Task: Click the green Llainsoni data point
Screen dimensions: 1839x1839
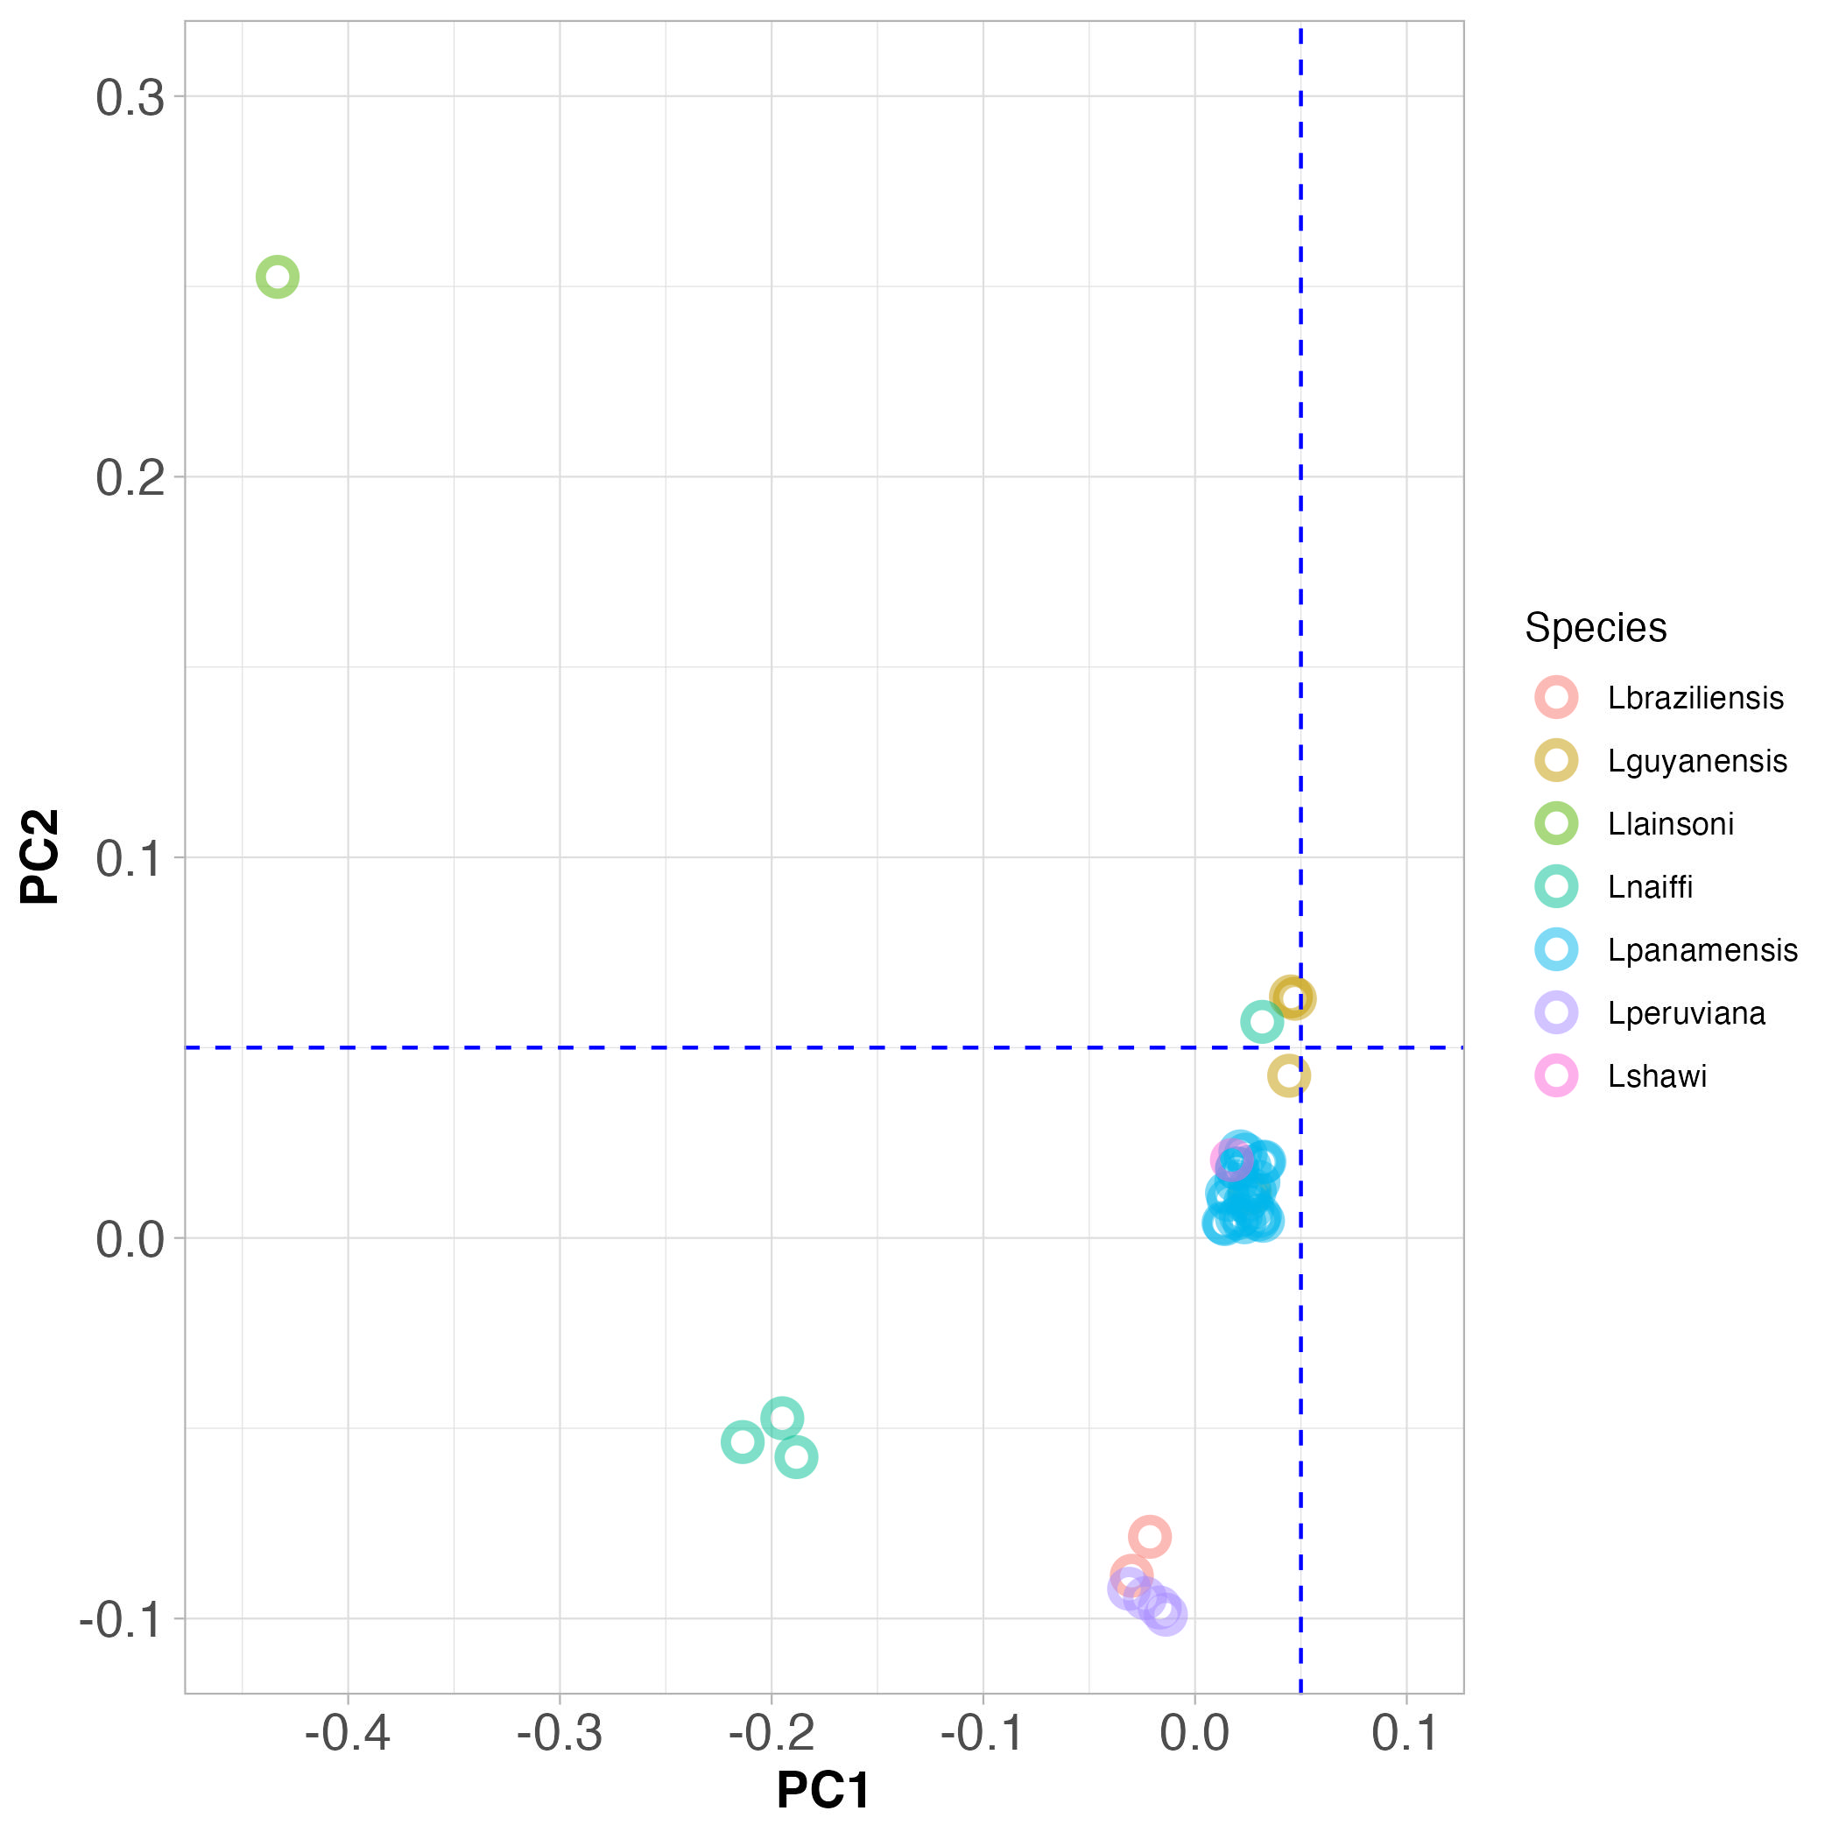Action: coord(277,277)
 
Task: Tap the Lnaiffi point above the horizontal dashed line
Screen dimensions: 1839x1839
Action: coord(1261,1022)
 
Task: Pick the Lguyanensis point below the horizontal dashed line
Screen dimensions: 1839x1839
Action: coord(1289,1076)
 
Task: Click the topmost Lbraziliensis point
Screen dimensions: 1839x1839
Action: coord(1150,1536)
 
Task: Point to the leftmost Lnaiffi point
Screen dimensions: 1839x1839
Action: coord(743,1442)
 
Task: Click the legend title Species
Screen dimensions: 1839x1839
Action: coord(1596,628)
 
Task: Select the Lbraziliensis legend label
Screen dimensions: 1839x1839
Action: coord(1695,698)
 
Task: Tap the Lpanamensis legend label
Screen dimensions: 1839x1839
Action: coord(1702,950)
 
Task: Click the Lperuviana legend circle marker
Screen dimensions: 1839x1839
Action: coord(1556,1013)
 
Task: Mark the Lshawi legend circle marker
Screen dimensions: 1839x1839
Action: coord(1556,1075)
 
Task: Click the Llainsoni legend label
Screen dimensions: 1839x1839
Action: coord(1671,823)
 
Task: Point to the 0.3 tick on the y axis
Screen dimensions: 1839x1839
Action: coord(130,97)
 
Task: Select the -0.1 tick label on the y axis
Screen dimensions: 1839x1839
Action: coord(122,1620)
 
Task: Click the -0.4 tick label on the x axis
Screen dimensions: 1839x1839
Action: coord(348,1734)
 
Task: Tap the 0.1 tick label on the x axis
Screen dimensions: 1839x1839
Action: coord(1406,1734)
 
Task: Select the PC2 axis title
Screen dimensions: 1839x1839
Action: coord(40,856)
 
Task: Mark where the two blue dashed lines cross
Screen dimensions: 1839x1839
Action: coord(1301,1047)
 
